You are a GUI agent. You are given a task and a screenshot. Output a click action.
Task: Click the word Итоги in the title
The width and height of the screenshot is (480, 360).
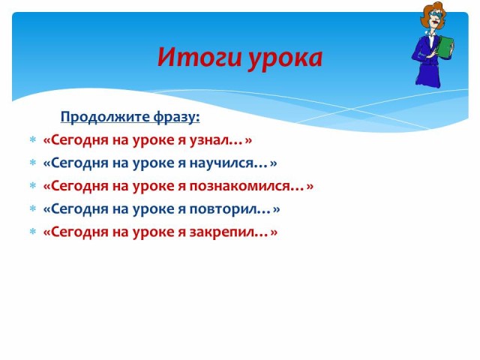click(x=199, y=57)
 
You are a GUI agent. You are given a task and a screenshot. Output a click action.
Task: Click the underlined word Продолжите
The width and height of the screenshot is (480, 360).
click(x=105, y=117)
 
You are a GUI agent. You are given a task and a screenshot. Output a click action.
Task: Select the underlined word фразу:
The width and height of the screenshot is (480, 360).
click(x=177, y=117)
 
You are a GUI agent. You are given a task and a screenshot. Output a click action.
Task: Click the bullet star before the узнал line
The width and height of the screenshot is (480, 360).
click(x=33, y=140)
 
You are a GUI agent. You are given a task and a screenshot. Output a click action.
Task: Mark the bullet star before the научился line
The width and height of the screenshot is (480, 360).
click(x=33, y=163)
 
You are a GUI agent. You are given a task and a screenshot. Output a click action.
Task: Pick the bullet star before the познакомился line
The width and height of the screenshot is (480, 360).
click(x=33, y=186)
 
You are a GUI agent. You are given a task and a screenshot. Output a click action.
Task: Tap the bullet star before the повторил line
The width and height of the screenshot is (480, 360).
click(x=33, y=208)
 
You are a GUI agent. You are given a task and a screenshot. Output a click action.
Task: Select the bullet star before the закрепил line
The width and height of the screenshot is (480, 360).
click(x=33, y=232)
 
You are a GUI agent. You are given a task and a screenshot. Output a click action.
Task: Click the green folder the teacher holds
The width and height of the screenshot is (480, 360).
click(x=445, y=48)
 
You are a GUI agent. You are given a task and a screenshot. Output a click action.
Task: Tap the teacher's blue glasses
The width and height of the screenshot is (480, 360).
click(x=436, y=14)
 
